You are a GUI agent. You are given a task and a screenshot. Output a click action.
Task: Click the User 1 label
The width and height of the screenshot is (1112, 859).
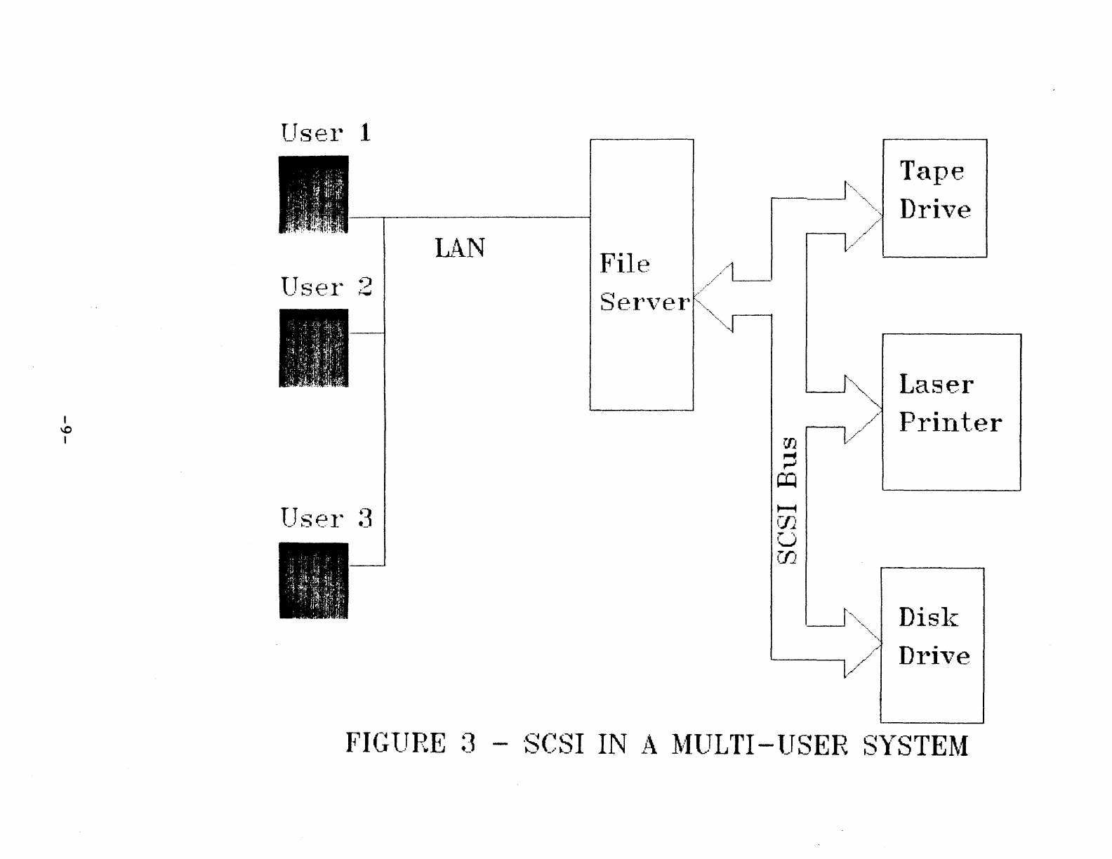coord(326,133)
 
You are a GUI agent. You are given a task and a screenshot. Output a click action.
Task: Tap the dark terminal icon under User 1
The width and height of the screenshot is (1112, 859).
coord(314,194)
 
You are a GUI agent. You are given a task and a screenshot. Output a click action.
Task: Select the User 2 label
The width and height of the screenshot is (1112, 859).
coord(326,286)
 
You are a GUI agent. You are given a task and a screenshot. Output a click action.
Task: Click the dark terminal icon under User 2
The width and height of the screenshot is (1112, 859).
coord(314,348)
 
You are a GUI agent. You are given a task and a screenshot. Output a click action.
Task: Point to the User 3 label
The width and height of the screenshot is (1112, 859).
coord(326,519)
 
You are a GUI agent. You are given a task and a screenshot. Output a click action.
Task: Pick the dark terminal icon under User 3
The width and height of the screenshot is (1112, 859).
coord(314,580)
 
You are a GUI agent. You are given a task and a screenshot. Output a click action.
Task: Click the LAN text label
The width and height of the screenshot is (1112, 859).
coord(460,248)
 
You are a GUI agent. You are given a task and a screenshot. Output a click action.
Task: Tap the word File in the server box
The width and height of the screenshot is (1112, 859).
coord(625,265)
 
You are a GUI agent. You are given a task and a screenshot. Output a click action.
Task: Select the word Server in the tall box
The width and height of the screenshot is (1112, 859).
coord(644,302)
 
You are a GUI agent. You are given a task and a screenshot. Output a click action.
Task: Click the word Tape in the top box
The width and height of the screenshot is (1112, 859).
coord(932,171)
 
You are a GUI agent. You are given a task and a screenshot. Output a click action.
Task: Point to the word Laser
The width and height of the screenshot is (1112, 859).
coord(936,385)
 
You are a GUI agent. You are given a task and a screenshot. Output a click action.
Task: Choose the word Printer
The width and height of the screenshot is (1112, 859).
coord(951,422)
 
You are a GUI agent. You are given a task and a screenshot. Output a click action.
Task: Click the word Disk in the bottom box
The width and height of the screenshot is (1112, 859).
coord(928,618)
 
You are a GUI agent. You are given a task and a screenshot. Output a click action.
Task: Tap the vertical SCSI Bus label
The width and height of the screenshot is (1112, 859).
coord(788,500)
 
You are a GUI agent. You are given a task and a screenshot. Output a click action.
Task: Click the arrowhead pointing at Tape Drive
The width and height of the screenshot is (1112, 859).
coord(863,216)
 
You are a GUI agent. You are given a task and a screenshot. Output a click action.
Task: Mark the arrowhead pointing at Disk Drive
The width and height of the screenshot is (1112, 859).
coord(862,643)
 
